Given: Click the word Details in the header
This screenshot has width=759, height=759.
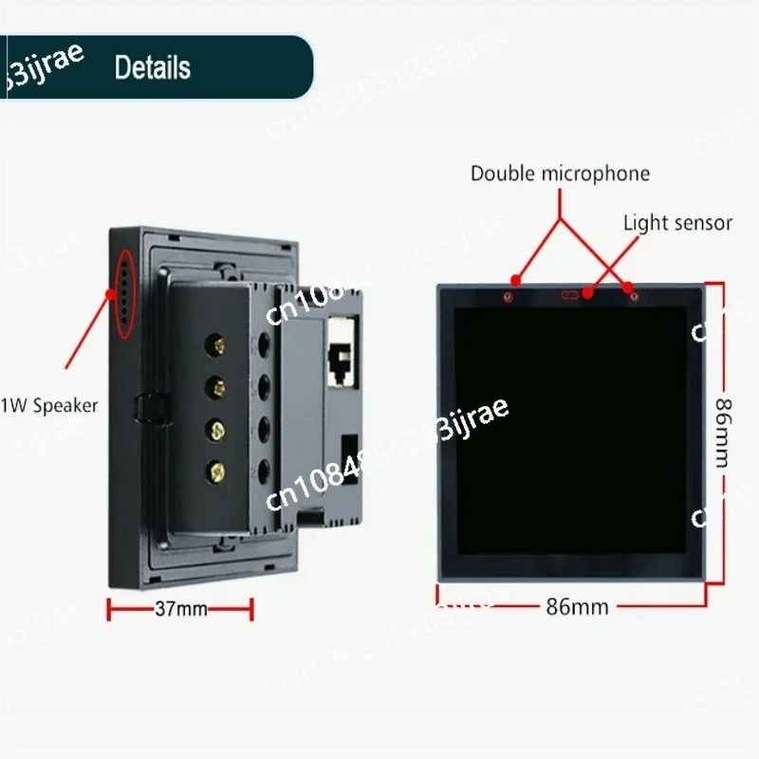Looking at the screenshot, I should (x=152, y=67).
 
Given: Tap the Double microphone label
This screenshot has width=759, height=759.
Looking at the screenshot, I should (x=560, y=174).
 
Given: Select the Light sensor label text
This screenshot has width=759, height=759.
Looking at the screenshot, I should (x=677, y=223).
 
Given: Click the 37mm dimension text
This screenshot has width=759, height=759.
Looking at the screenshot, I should (x=180, y=609).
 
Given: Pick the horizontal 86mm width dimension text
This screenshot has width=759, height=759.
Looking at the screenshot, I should (x=578, y=606).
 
